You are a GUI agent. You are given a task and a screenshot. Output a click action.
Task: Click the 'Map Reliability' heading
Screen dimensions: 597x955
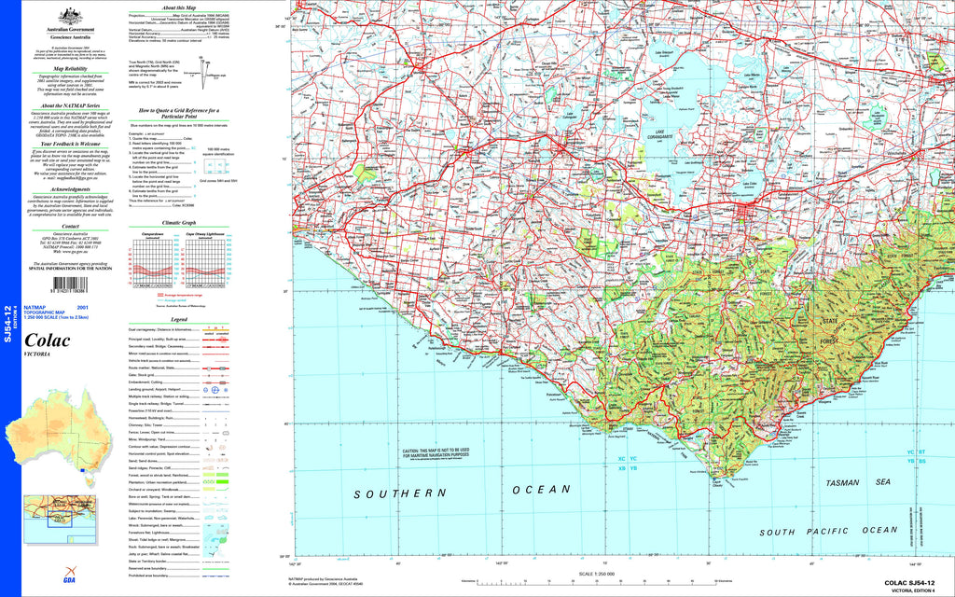point(71,69)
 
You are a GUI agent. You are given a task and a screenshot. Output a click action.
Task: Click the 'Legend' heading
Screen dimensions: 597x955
point(179,320)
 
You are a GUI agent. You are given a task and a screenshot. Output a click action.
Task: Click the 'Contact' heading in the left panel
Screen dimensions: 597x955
point(71,226)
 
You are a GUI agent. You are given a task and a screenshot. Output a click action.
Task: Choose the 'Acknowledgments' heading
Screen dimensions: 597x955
point(71,187)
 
